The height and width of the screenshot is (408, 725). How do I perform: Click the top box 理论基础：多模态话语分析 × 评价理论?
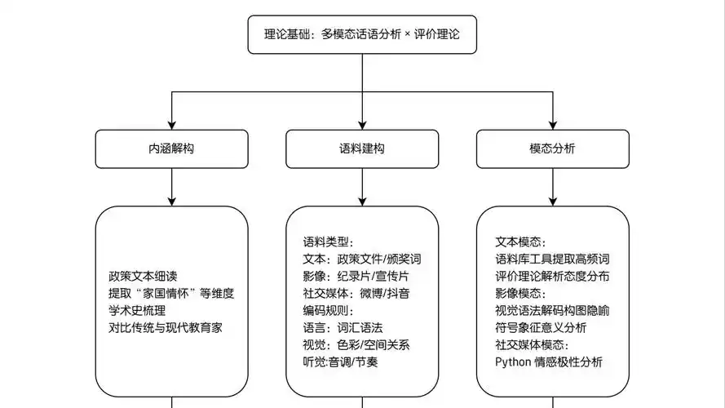(x=362, y=35)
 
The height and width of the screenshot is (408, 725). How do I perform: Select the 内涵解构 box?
(x=171, y=149)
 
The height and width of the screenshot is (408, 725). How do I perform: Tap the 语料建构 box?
(x=362, y=149)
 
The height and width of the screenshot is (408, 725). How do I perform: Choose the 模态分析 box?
(x=552, y=149)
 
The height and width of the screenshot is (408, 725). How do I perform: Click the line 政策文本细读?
(x=143, y=276)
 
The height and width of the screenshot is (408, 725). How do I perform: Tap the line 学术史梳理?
(x=137, y=310)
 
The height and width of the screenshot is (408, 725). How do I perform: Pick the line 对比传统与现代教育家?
(x=166, y=327)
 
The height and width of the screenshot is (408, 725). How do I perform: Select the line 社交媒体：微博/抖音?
(x=356, y=293)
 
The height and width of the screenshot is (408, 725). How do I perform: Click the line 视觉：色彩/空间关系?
(x=356, y=344)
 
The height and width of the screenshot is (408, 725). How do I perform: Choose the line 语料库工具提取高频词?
(x=552, y=259)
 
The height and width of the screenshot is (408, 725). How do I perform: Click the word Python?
(x=513, y=361)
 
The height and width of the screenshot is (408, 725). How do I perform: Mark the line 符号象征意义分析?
(x=541, y=327)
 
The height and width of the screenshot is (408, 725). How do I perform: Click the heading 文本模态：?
(x=520, y=242)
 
